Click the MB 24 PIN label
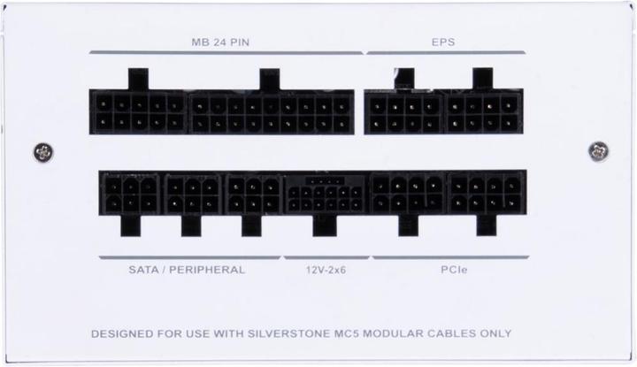coord(220,42)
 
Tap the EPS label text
coord(443,42)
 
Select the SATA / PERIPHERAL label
coord(187,270)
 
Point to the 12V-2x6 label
coord(326,270)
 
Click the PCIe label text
coord(454,270)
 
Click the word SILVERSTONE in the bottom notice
coord(289,333)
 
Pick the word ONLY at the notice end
coord(495,333)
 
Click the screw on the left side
coord(43,153)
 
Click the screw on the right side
coord(598,151)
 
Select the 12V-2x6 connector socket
coord(326,195)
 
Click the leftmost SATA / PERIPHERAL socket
coord(131,194)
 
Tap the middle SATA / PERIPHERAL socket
coord(193,194)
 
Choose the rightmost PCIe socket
coord(487,194)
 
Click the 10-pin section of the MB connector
coord(139,112)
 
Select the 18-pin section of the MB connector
coord(271,112)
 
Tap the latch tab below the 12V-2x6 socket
coord(325,226)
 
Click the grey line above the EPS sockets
coord(446,52)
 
